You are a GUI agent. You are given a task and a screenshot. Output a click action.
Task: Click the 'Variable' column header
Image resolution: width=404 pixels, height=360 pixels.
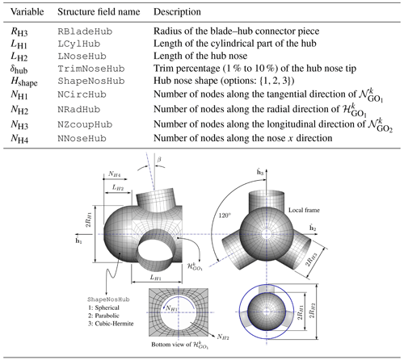point(27,12)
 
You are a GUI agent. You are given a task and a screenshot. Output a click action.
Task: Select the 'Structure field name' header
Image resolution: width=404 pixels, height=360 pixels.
point(99,12)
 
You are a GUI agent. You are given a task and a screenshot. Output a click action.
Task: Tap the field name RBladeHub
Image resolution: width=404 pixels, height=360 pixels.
point(85,31)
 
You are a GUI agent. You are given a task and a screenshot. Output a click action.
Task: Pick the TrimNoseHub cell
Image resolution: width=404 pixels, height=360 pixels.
point(91,69)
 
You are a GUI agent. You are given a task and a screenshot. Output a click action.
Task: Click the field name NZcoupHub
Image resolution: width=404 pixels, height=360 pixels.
point(85,124)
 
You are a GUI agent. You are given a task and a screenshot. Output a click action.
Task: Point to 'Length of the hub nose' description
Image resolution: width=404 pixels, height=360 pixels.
point(200,56)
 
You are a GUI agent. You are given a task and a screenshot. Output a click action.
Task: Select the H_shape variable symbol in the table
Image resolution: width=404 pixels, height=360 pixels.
point(24,82)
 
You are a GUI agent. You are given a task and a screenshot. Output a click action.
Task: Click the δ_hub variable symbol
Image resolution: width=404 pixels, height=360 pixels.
point(19,69)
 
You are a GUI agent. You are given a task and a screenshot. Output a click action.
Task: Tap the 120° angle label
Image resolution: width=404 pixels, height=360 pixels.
point(225,216)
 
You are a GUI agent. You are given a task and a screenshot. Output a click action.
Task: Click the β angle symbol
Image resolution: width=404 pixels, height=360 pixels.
point(159,160)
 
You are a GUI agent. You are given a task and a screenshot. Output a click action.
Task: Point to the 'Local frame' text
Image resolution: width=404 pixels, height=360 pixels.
point(304,210)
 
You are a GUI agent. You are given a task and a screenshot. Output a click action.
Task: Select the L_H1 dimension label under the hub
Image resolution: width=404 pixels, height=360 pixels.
point(155,277)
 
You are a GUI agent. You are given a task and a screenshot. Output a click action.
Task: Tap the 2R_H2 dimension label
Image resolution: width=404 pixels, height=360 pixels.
point(312,311)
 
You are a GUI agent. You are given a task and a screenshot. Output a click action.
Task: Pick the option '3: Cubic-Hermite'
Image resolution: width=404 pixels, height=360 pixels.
point(111,324)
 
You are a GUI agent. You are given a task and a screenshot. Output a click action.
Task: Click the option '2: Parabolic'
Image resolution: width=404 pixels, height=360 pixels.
point(103,316)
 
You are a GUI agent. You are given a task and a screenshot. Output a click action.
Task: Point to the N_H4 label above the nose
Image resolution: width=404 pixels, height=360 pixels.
point(115,174)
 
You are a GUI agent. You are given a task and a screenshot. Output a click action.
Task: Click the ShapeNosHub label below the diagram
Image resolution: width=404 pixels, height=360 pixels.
point(108,299)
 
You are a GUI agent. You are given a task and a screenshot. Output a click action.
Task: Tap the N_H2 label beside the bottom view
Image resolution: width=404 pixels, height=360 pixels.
point(223,337)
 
